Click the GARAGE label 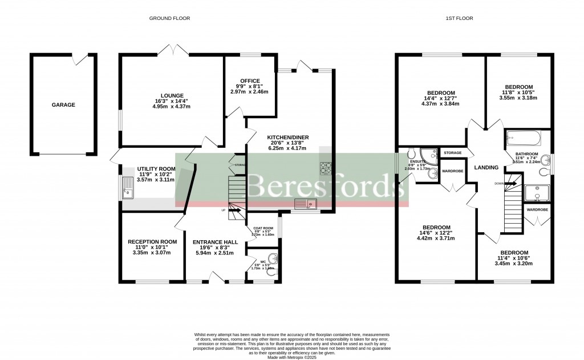coord(63,105)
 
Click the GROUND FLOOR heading coord(169,18)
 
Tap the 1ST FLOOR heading coord(459,18)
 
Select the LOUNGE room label coord(172,96)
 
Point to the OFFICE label coord(250,81)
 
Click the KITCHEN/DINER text coord(287,137)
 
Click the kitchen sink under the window coord(304,204)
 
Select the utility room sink coord(128,187)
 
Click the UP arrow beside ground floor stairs coord(232,210)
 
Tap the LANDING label coord(486,167)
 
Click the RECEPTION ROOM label coord(152,242)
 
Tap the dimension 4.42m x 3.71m coord(436,238)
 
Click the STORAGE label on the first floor coord(453,153)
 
